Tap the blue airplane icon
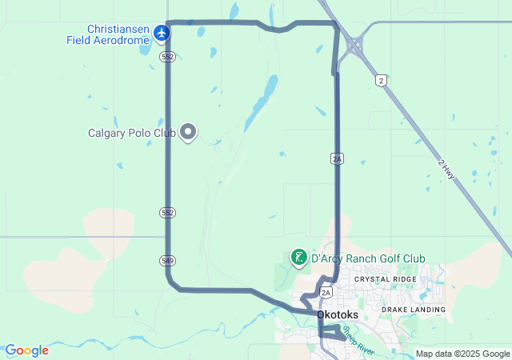[x=162, y=33]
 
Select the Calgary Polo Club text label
[x=132, y=133]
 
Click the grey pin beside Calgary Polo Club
[x=188, y=130]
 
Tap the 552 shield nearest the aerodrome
[x=166, y=57]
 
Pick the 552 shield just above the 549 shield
[x=166, y=213]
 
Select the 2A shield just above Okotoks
[x=325, y=293]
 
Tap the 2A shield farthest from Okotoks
[x=337, y=158]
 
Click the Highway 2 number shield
[x=382, y=80]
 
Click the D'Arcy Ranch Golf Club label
[x=368, y=258]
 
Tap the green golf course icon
[x=298, y=257]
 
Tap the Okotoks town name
[x=338, y=315]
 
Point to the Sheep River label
[x=358, y=339]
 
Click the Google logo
[x=26, y=350]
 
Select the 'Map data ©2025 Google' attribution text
[x=462, y=354]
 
